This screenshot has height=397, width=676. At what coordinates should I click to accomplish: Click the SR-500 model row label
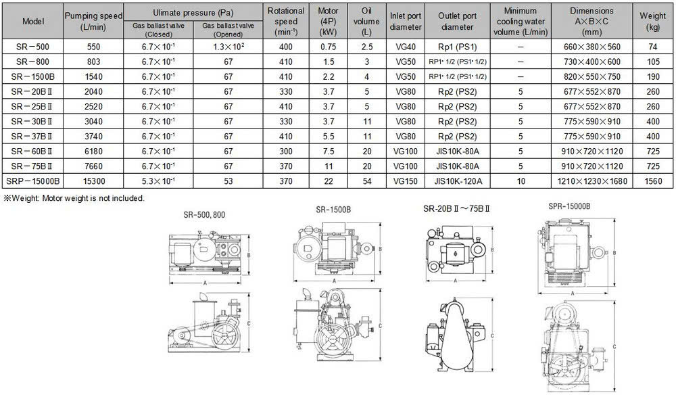pyautogui.click(x=32, y=47)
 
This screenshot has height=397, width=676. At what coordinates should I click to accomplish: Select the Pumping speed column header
pyautogui.click(x=93, y=21)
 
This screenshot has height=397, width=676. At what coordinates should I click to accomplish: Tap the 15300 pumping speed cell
pyautogui.click(x=94, y=181)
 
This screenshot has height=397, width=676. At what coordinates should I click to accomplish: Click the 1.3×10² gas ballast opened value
pyautogui.click(x=228, y=47)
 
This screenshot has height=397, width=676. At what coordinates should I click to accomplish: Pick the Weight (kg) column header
pyautogui.click(x=653, y=21)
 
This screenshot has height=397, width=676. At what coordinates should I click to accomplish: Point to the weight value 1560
pyautogui.click(x=653, y=181)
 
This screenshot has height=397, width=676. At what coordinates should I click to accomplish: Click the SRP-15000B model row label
pyautogui.click(x=32, y=181)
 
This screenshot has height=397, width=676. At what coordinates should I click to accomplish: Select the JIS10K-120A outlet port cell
pyautogui.click(x=458, y=181)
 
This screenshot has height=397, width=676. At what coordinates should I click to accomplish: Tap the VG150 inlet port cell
pyautogui.click(x=405, y=181)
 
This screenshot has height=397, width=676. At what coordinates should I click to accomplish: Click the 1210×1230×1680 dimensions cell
pyautogui.click(x=592, y=181)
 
